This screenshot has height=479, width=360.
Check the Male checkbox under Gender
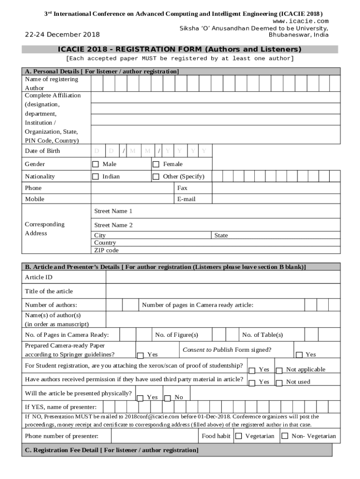click(x=95, y=164)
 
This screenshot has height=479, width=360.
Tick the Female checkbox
click(x=156, y=164)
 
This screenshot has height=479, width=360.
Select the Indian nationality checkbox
click(x=95, y=177)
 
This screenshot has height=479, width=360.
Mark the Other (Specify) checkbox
click(x=156, y=177)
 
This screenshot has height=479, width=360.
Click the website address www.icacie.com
click(x=301, y=21)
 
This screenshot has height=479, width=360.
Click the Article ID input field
click(x=223, y=277)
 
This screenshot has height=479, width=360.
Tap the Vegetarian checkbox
click(x=238, y=436)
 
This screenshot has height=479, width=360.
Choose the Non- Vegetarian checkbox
click(x=285, y=436)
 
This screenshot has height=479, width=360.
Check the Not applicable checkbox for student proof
click(x=279, y=370)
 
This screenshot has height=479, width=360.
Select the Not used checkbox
click(x=279, y=383)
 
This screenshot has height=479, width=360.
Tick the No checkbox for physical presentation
click(x=168, y=398)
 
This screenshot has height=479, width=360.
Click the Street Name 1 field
click(x=215, y=211)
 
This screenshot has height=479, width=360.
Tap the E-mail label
click(x=187, y=199)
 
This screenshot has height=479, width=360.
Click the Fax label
click(x=182, y=188)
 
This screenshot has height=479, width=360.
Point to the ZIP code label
click(x=107, y=250)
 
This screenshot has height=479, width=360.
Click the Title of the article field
click(x=223, y=291)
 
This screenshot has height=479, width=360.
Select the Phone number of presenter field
click(x=154, y=436)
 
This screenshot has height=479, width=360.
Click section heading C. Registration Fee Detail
click(x=111, y=450)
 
